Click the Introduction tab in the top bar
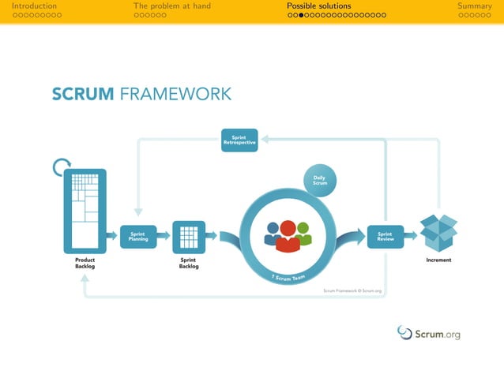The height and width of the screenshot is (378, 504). [34, 6]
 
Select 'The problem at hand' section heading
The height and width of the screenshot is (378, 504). [171, 6]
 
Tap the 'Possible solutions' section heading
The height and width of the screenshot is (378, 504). [318, 6]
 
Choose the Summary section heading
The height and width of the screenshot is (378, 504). [474, 6]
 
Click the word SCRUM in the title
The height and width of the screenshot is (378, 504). [83, 95]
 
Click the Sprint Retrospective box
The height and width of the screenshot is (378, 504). [239, 140]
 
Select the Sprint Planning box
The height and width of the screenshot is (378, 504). [138, 236]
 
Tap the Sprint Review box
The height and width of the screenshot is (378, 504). [385, 236]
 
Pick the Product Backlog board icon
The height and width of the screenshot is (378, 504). [85, 211]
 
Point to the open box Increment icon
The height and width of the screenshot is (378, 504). [438, 231]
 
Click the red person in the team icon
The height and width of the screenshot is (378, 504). [288, 236]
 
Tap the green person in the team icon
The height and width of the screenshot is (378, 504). [303, 234]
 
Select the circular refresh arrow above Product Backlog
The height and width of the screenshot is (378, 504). [60, 167]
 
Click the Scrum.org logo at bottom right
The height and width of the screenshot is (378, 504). [428, 333]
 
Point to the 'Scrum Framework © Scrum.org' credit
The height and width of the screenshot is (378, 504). [352, 290]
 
